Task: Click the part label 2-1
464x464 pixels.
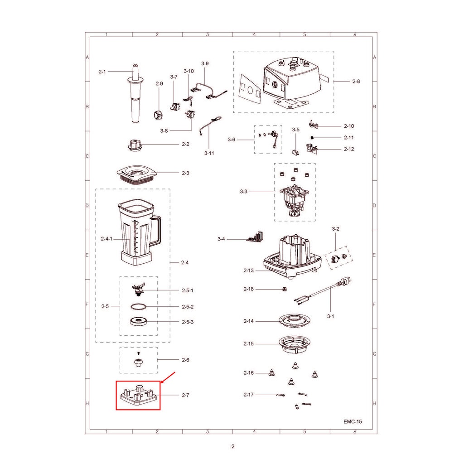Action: (x=102, y=72)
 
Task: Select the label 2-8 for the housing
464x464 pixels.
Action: (x=356, y=82)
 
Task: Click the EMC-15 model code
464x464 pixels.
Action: (x=353, y=421)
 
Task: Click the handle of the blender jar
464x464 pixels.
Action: (x=156, y=231)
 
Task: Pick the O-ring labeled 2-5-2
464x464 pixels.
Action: (x=139, y=307)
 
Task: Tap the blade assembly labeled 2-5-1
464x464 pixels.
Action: (x=138, y=290)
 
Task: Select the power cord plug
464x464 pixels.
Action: (x=345, y=281)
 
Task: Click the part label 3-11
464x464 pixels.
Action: (x=209, y=153)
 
